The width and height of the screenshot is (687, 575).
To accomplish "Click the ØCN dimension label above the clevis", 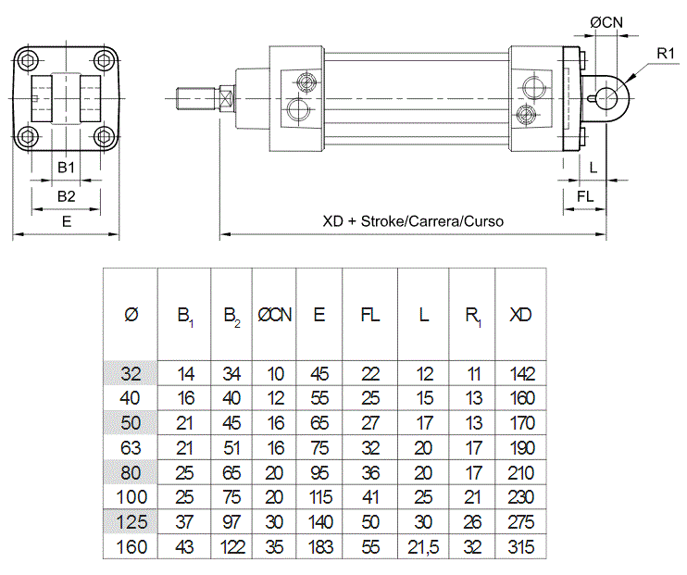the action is pyautogui.click(x=606, y=22).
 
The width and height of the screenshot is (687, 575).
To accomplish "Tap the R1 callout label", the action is pyautogui.click(x=666, y=54).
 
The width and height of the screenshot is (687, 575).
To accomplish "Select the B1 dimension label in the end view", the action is pyautogui.click(x=66, y=167).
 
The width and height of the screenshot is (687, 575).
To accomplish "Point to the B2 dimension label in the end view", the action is pyautogui.click(x=66, y=196).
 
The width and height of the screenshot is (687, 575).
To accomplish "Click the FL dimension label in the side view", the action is pyautogui.click(x=585, y=196).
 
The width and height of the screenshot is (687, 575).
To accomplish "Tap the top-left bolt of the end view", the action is pyautogui.click(x=29, y=60).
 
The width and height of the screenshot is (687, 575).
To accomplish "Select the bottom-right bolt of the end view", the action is pyautogui.click(x=105, y=136).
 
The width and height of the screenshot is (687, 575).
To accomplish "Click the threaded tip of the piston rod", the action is pyautogui.click(x=195, y=98).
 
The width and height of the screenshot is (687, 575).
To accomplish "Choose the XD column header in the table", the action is pyautogui.click(x=520, y=315).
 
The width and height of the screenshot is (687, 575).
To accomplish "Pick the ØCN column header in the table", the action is pyautogui.click(x=274, y=315).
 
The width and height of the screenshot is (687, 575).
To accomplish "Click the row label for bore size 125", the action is pyautogui.click(x=131, y=522).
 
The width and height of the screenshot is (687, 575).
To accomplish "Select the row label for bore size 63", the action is pyautogui.click(x=131, y=448).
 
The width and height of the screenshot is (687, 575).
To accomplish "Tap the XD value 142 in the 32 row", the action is pyautogui.click(x=522, y=374).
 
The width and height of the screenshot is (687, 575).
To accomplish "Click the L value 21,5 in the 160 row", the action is pyautogui.click(x=423, y=547).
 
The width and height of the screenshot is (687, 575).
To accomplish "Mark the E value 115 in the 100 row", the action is pyautogui.click(x=320, y=497).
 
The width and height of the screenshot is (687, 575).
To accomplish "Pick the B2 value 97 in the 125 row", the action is pyautogui.click(x=231, y=522).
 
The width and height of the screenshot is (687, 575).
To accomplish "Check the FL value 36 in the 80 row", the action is pyautogui.click(x=370, y=473).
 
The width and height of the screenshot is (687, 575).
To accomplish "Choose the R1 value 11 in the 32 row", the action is pyautogui.click(x=473, y=374).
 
